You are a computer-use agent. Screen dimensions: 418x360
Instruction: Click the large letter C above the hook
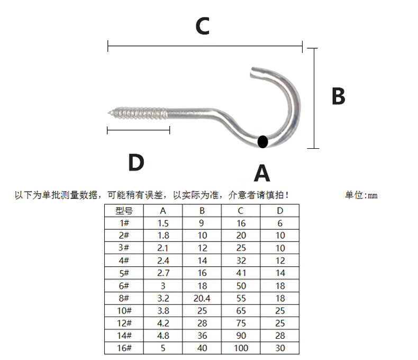203,26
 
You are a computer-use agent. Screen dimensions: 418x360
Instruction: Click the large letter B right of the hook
338,97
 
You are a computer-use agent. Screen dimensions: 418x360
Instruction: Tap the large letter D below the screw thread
136,163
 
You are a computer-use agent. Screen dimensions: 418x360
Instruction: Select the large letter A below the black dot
262,173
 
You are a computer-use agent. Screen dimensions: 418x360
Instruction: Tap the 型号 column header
124,211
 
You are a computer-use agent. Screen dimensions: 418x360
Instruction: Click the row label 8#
124,298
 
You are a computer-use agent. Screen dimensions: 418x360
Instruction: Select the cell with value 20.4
202,298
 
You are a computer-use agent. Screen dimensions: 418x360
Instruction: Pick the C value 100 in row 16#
241,348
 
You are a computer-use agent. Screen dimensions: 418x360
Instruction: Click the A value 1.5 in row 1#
163,223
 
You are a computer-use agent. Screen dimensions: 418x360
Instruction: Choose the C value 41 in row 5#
241,273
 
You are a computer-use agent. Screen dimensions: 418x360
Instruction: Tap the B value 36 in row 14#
202,336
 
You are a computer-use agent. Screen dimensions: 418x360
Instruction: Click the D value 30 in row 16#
280,348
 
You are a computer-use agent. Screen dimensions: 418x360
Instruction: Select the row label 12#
124,323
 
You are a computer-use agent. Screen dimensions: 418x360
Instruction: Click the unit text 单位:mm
361,195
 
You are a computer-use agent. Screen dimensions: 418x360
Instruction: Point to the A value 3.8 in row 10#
163,311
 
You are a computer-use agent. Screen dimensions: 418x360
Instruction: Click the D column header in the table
280,211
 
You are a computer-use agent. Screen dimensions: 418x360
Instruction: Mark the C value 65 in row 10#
241,311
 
